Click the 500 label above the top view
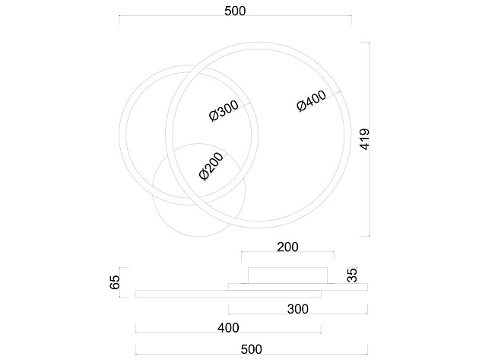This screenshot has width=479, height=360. [235, 11]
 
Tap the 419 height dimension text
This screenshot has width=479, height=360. [365, 139]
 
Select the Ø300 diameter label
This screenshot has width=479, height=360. [224, 110]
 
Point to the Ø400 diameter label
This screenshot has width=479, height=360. [312, 100]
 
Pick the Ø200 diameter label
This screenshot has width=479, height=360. [211, 167]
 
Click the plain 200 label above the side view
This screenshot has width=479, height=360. [287, 247]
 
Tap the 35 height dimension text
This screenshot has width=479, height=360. [352, 275]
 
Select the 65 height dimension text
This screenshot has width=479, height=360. [115, 282]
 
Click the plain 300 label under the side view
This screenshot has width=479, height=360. [298, 309]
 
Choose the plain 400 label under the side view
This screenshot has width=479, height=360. [228, 328]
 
